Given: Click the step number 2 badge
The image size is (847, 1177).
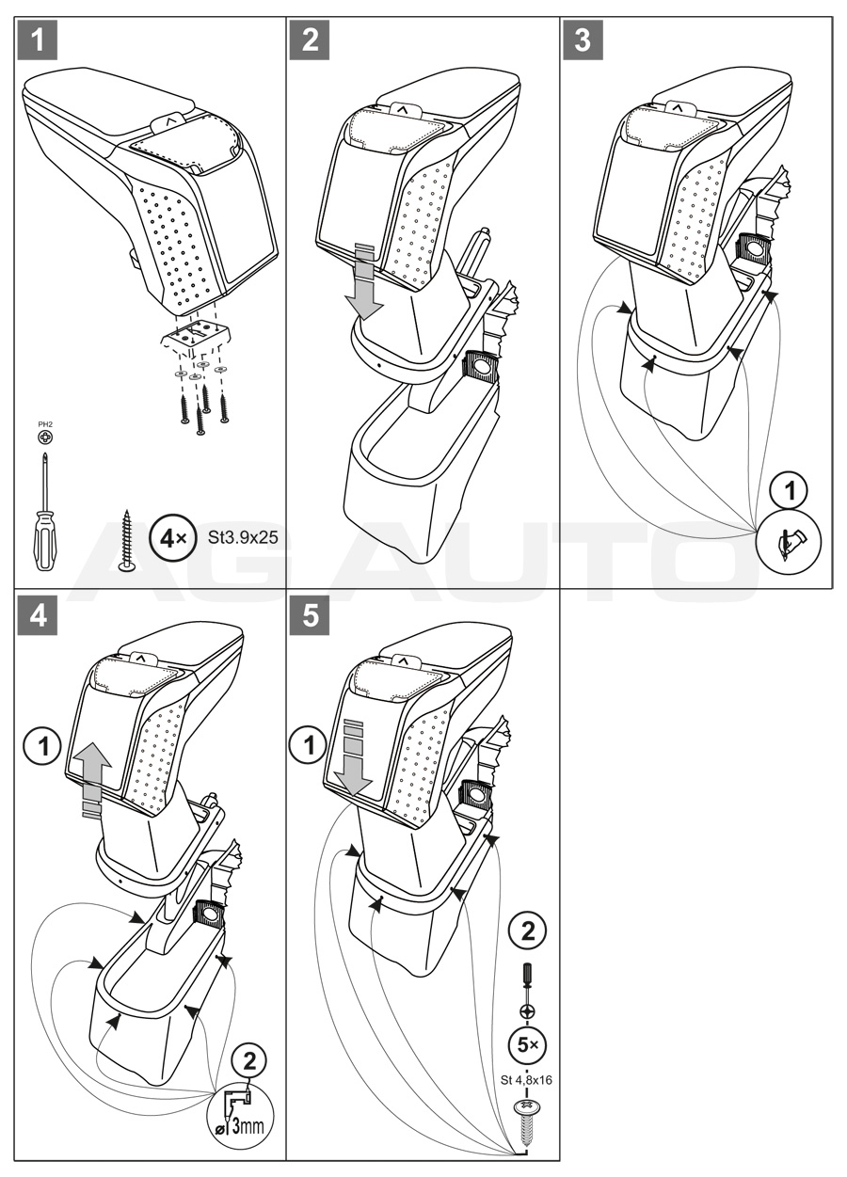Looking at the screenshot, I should click(310, 41).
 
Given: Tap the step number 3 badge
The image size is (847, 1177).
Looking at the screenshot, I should click(583, 41).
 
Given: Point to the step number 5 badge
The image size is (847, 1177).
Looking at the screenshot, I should click(310, 616).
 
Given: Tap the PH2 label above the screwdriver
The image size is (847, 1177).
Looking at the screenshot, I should click(44, 425).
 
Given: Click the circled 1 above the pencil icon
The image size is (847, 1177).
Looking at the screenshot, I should click(790, 491).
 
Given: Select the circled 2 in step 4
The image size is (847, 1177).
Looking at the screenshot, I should click(248, 1061).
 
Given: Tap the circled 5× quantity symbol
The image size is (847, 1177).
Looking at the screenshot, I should click(528, 1043).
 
